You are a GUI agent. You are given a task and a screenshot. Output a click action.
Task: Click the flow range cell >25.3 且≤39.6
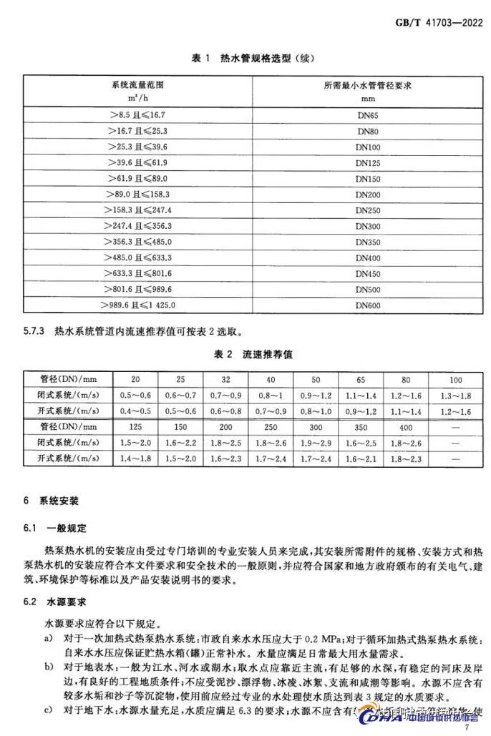[136, 147]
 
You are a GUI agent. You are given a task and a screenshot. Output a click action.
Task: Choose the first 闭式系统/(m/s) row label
[61, 394]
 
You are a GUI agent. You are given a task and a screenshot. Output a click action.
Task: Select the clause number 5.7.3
[34, 332]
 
